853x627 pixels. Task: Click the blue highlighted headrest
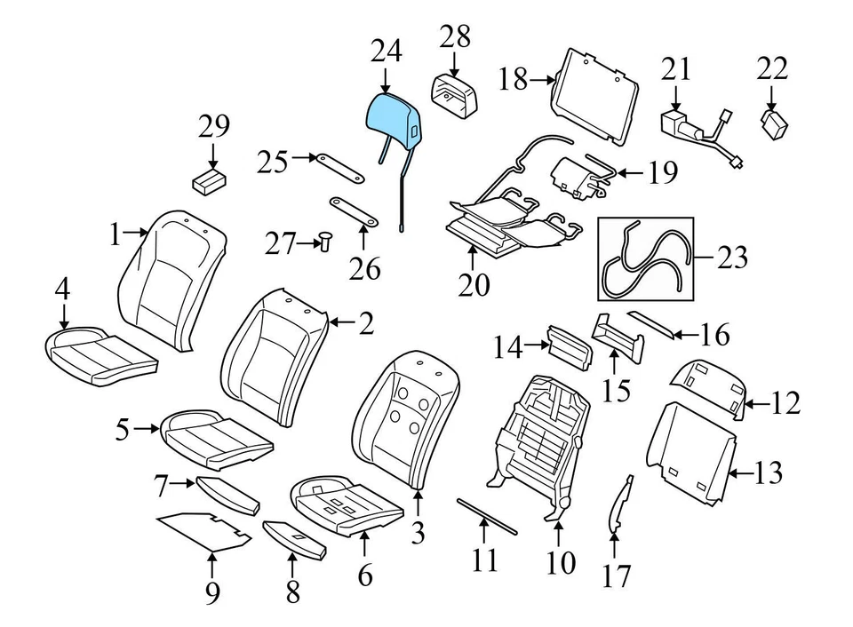395,119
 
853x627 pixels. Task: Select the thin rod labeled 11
486,516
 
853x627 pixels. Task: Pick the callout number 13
769,473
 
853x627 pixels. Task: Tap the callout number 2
366,324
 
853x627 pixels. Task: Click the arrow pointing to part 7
183,484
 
